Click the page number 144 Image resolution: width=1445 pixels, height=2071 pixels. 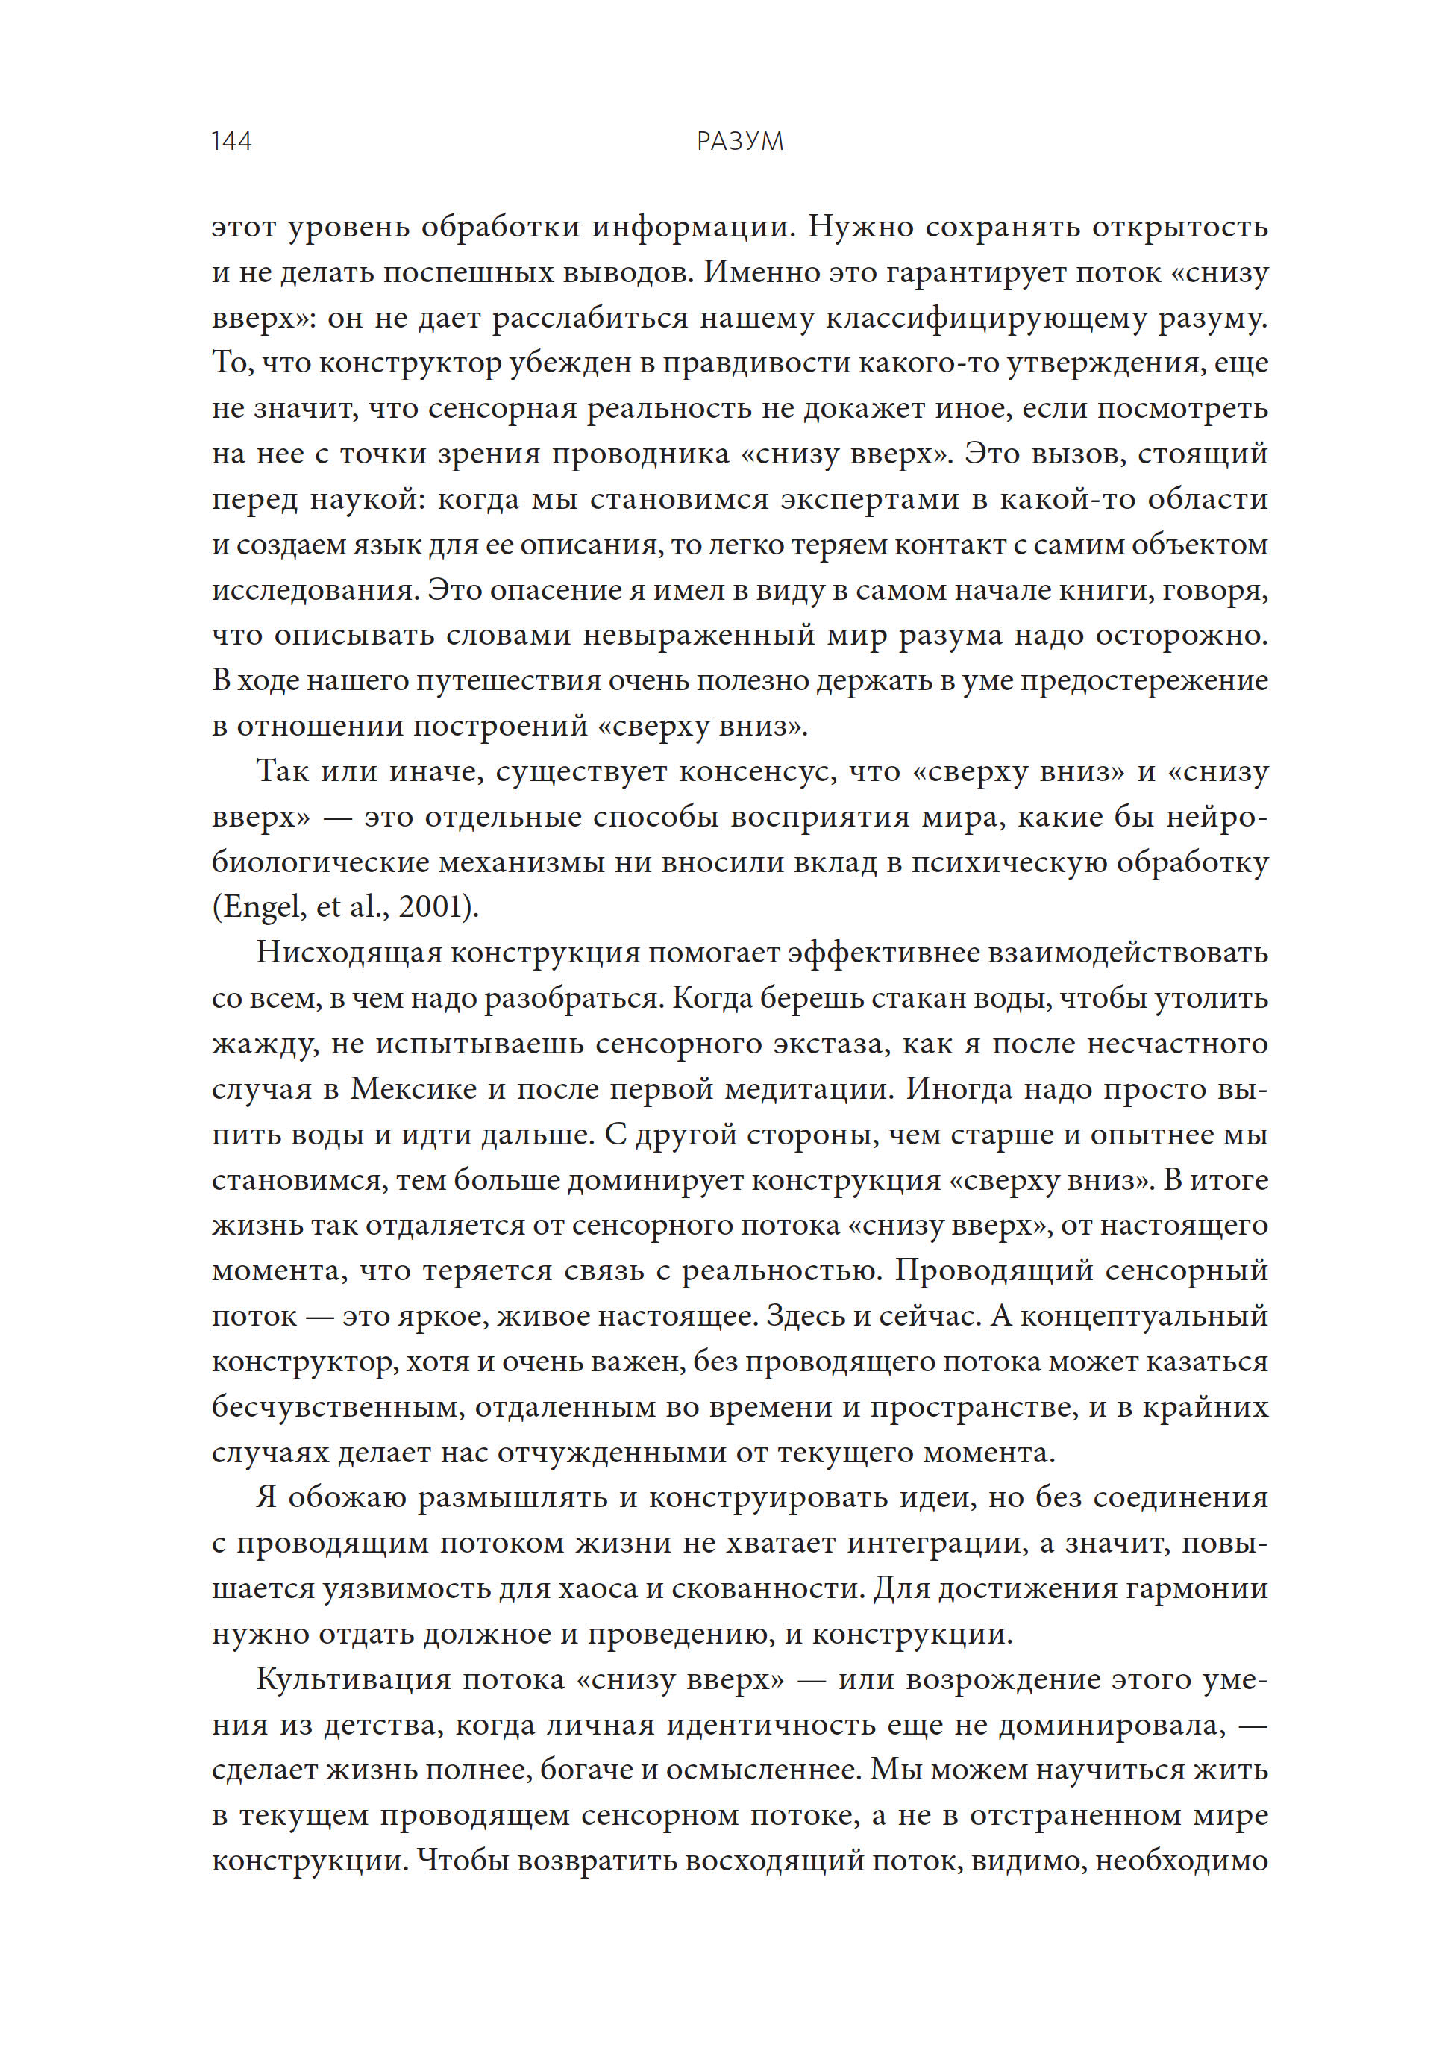pyautogui.click(x=231, y=142)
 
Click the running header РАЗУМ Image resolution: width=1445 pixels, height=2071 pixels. pyautogui.click(x=739, y=142)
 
